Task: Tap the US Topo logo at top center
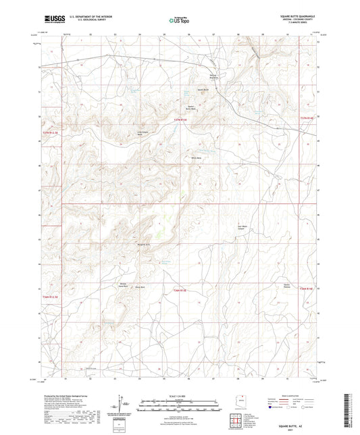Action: click(x=179, y=21)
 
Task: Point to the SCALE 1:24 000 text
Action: click(x=180, y=396)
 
